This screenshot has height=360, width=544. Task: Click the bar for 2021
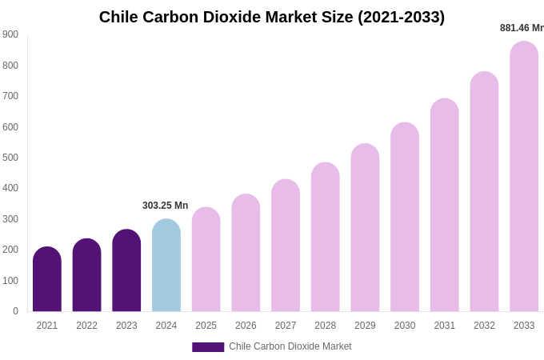47,279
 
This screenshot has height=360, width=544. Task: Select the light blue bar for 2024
166,266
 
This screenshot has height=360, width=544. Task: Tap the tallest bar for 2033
524,177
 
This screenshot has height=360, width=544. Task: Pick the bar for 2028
326,238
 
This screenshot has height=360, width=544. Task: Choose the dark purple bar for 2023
126,270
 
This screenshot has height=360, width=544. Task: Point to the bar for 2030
405,218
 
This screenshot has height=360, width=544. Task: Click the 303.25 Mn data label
166,206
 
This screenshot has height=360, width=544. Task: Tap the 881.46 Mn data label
522,28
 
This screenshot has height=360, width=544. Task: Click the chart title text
272,17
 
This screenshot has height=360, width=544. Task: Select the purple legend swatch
208,347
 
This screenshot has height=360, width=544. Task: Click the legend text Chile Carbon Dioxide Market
290,346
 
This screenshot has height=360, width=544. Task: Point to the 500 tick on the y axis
10,158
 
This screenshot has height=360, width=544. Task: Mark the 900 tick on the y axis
10,34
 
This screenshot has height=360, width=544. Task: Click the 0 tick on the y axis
15,311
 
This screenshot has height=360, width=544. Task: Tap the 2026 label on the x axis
246,326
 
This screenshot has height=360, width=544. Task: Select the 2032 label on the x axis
484,326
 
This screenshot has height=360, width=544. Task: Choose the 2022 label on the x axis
87,326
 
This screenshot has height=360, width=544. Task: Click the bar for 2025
206,260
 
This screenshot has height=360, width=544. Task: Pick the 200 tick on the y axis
10,250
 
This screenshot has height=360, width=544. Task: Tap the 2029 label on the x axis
365,326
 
